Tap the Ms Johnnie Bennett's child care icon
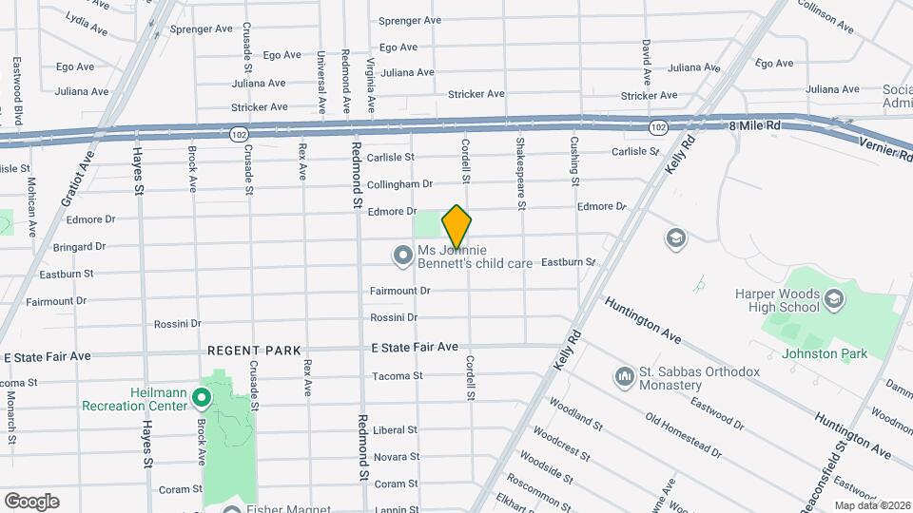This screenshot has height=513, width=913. tap(402, 255)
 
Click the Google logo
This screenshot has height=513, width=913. tap(31, 502)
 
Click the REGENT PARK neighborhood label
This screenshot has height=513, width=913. tap(254, 351)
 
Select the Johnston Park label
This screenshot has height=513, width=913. tap(824, 353)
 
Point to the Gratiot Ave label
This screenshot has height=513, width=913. tap(79, 177)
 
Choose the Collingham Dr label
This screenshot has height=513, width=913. tap(399, 184)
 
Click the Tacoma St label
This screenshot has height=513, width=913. tap(397, 376)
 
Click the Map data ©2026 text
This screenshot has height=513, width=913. tap(870, 505)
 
